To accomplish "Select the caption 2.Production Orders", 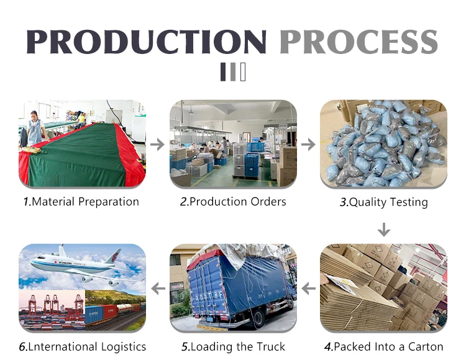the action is pyautogui.click(x=233, y=202).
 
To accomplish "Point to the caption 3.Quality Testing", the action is pyautogui.click(x=383, y=202).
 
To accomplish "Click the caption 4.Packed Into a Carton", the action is pyautogui.click(x=383, y=346).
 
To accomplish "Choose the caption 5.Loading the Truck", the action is pyautogui.click(x=233, y=346).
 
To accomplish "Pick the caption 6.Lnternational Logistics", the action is pyautogui.click(x=83, y=346).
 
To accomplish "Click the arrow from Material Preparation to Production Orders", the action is pyautogui.click(x=158, y=145).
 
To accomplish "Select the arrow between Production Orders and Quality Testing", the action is pyautogui.click(x=308, y=145).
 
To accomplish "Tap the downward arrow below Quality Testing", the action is pyautogui.click(x=384, y=230).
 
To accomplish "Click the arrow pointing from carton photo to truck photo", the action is pyautogui.click(x=308, y=288).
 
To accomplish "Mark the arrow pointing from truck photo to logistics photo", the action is pyautogui.click(x=158, y=288).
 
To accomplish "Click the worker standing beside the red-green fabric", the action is pyautogui.click(x=34, y=128).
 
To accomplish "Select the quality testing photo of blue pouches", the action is pyautogui.click(x=383, y=144).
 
